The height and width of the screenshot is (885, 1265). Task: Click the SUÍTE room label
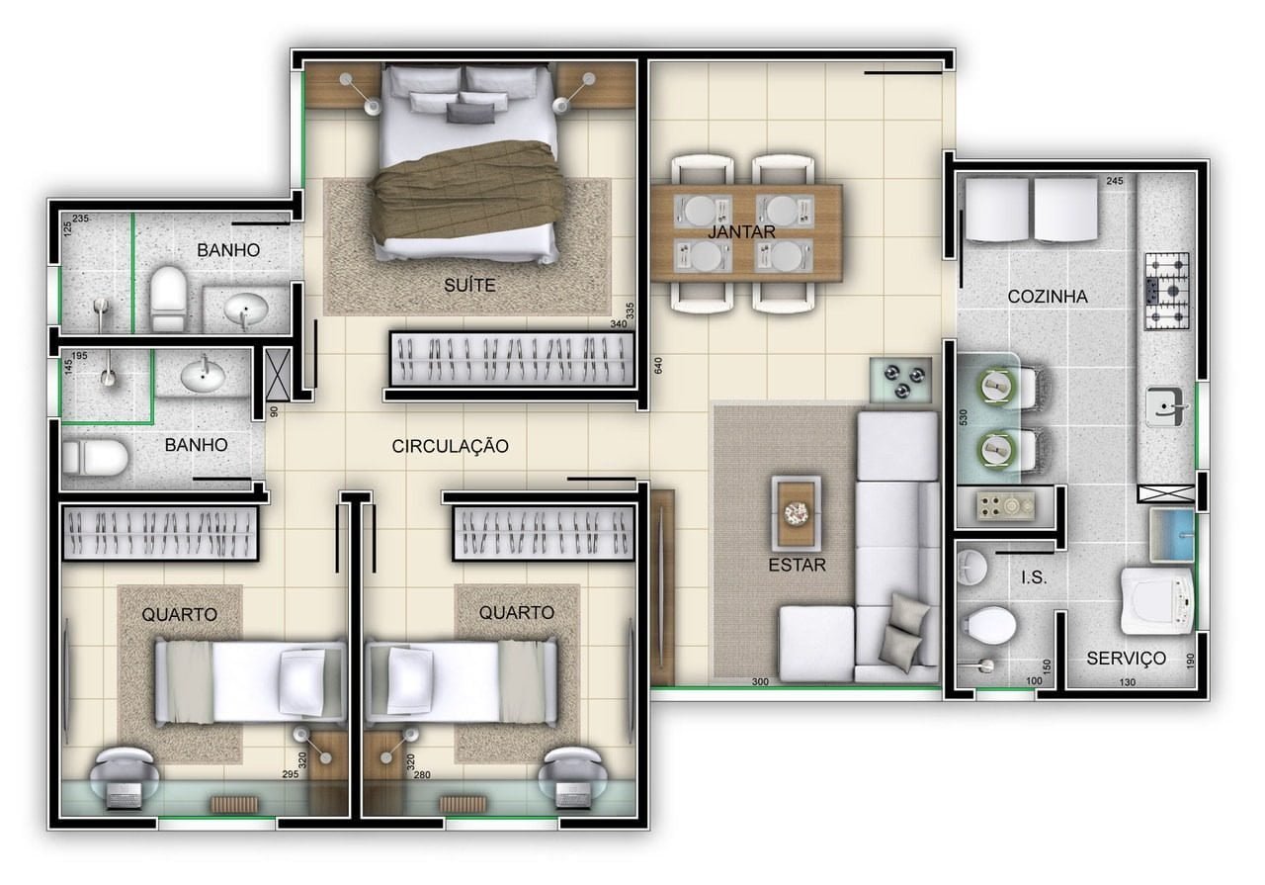coord(469,286)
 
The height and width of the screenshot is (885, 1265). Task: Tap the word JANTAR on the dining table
coord(741,231)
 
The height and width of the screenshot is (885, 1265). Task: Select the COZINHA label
coord(1048,297)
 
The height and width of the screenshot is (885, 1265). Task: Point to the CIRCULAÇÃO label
coord(450,447)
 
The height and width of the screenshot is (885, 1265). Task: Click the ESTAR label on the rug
coord(797,565)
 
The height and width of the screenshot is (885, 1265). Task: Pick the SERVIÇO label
coord(1126,658)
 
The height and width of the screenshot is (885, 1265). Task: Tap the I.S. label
coord(1034,577)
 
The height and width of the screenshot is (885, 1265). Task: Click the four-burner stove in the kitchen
coord(1167,292)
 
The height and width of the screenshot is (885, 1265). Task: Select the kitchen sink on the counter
coord(1163,406)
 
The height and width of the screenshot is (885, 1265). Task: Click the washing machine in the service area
coord(1157,601)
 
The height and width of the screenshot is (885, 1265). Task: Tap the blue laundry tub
coord(1172,535)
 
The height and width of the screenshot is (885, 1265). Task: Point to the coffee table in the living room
coord(797,513)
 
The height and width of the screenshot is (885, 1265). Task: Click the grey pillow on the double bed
coord(469,113)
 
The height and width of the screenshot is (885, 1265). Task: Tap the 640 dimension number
coord(658,366)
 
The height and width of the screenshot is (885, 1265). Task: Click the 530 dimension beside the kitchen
coord(964,417)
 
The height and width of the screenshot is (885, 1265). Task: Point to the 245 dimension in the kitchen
coord(1115,181)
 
